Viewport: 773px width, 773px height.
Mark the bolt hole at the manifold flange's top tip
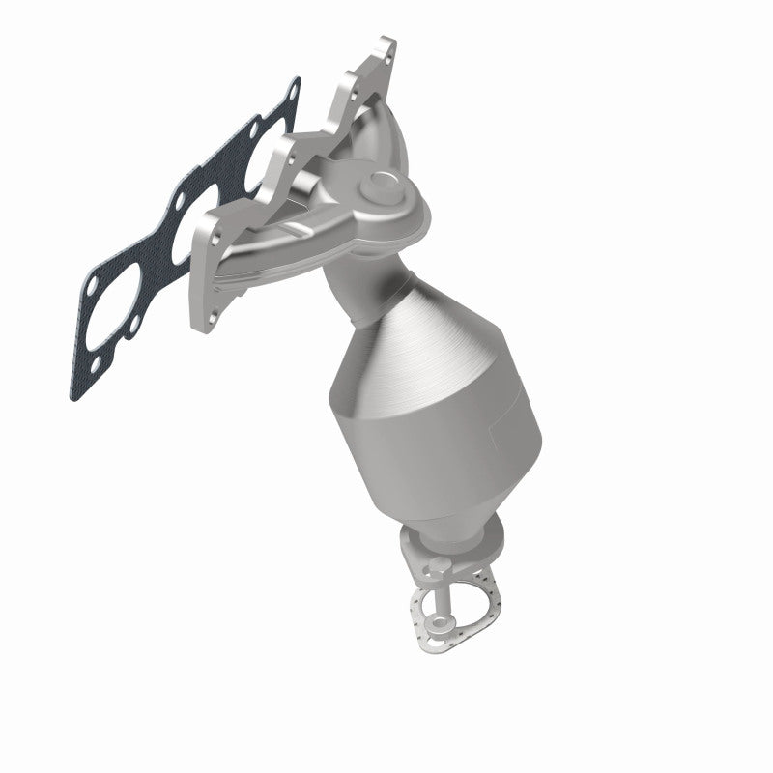(x=385, y=45)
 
